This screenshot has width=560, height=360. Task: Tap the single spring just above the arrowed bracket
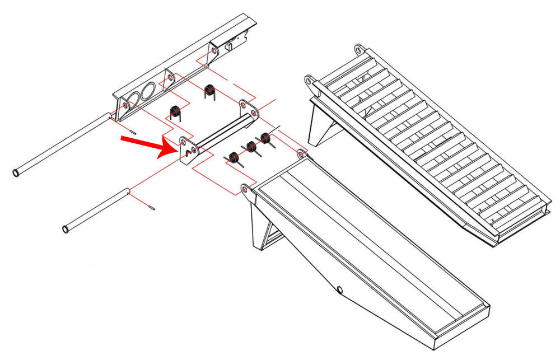click(175, 111)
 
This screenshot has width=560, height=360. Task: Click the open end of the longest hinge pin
click(16, 172)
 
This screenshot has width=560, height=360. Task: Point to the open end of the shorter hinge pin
click(66, 229)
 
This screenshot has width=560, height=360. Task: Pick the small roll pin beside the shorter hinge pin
click(152, 208)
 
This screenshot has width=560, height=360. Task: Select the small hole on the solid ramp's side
click(339, 289)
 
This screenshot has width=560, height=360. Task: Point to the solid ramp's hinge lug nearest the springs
click(301, 152)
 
